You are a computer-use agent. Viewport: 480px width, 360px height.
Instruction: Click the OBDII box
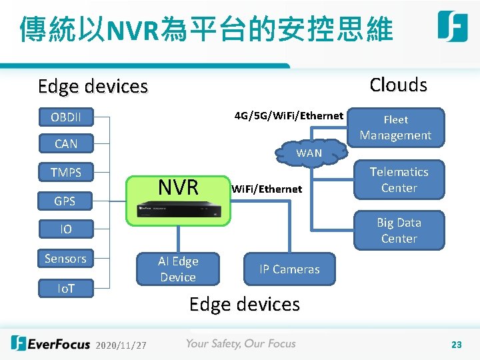click(x=66, y=117)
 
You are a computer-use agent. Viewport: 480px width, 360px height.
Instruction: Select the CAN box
click(x=66, y=143)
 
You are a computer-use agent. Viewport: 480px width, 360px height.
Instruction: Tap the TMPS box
click(x=66, y=173)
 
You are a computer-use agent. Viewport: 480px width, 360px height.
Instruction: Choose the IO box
click(x=66, y=229)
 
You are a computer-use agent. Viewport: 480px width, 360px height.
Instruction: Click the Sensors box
click(x=65, y=258)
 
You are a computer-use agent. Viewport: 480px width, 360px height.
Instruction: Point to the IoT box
click(x=65, y=288)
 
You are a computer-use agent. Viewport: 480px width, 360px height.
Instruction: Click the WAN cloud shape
click(x=309, y=153)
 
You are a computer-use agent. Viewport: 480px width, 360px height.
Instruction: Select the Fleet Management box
click(x=396, y=127)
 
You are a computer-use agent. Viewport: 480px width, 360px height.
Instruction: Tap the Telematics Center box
click(x=399, y=180)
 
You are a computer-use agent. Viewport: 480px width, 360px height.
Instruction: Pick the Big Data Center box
click(x=399, y=230)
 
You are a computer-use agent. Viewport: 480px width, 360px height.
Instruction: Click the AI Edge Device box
click(x=177, y=269)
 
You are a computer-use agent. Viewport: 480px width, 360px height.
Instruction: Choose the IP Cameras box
click(x=289, y=269)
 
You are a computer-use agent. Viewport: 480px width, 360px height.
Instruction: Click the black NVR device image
click(x=177, y=209)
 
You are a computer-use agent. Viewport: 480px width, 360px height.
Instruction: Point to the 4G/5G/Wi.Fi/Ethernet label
click(x=289, y=116)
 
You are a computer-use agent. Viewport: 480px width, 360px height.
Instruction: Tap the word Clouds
click(x=398, y=85)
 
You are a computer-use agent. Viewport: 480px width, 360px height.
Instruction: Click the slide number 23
click(x=457, y=345)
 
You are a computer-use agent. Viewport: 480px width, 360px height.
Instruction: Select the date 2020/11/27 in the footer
click(x=121, y=345)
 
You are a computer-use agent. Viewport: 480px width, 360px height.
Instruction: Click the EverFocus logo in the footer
click(x=51, y=344)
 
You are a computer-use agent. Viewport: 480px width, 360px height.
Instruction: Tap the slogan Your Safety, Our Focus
click(x=241, y=344)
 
